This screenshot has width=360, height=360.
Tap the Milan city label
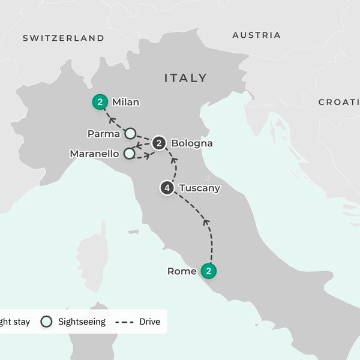(x=125, y=103)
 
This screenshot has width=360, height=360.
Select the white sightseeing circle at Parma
(x=130, y=133)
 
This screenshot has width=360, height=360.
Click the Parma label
(x=103, y=133)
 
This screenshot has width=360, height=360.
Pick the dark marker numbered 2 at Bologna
(x=159, y=143)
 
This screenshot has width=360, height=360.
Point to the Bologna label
(x=191, y=143)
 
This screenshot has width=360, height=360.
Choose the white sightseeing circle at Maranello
(x=129, y=154)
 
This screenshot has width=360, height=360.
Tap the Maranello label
(x=95, y=154)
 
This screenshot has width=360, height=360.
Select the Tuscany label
(x=200, y=188)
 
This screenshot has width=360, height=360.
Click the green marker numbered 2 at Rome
(x=208, y=271)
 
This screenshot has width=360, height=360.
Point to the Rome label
(x=182, y=272)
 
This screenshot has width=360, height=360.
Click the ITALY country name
(x=185, y=78)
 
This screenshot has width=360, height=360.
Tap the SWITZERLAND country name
(x=64, y=38)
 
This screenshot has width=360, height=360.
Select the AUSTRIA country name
(x=256, y=35)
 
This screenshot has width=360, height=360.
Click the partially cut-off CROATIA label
(x=339, y=103)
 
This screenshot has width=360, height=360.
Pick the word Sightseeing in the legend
(x=82, y=322)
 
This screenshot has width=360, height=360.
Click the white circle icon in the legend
(x=46, y=322)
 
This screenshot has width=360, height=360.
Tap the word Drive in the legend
(x=149, y=322)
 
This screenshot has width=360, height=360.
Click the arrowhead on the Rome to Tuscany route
(x=206, y=223)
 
